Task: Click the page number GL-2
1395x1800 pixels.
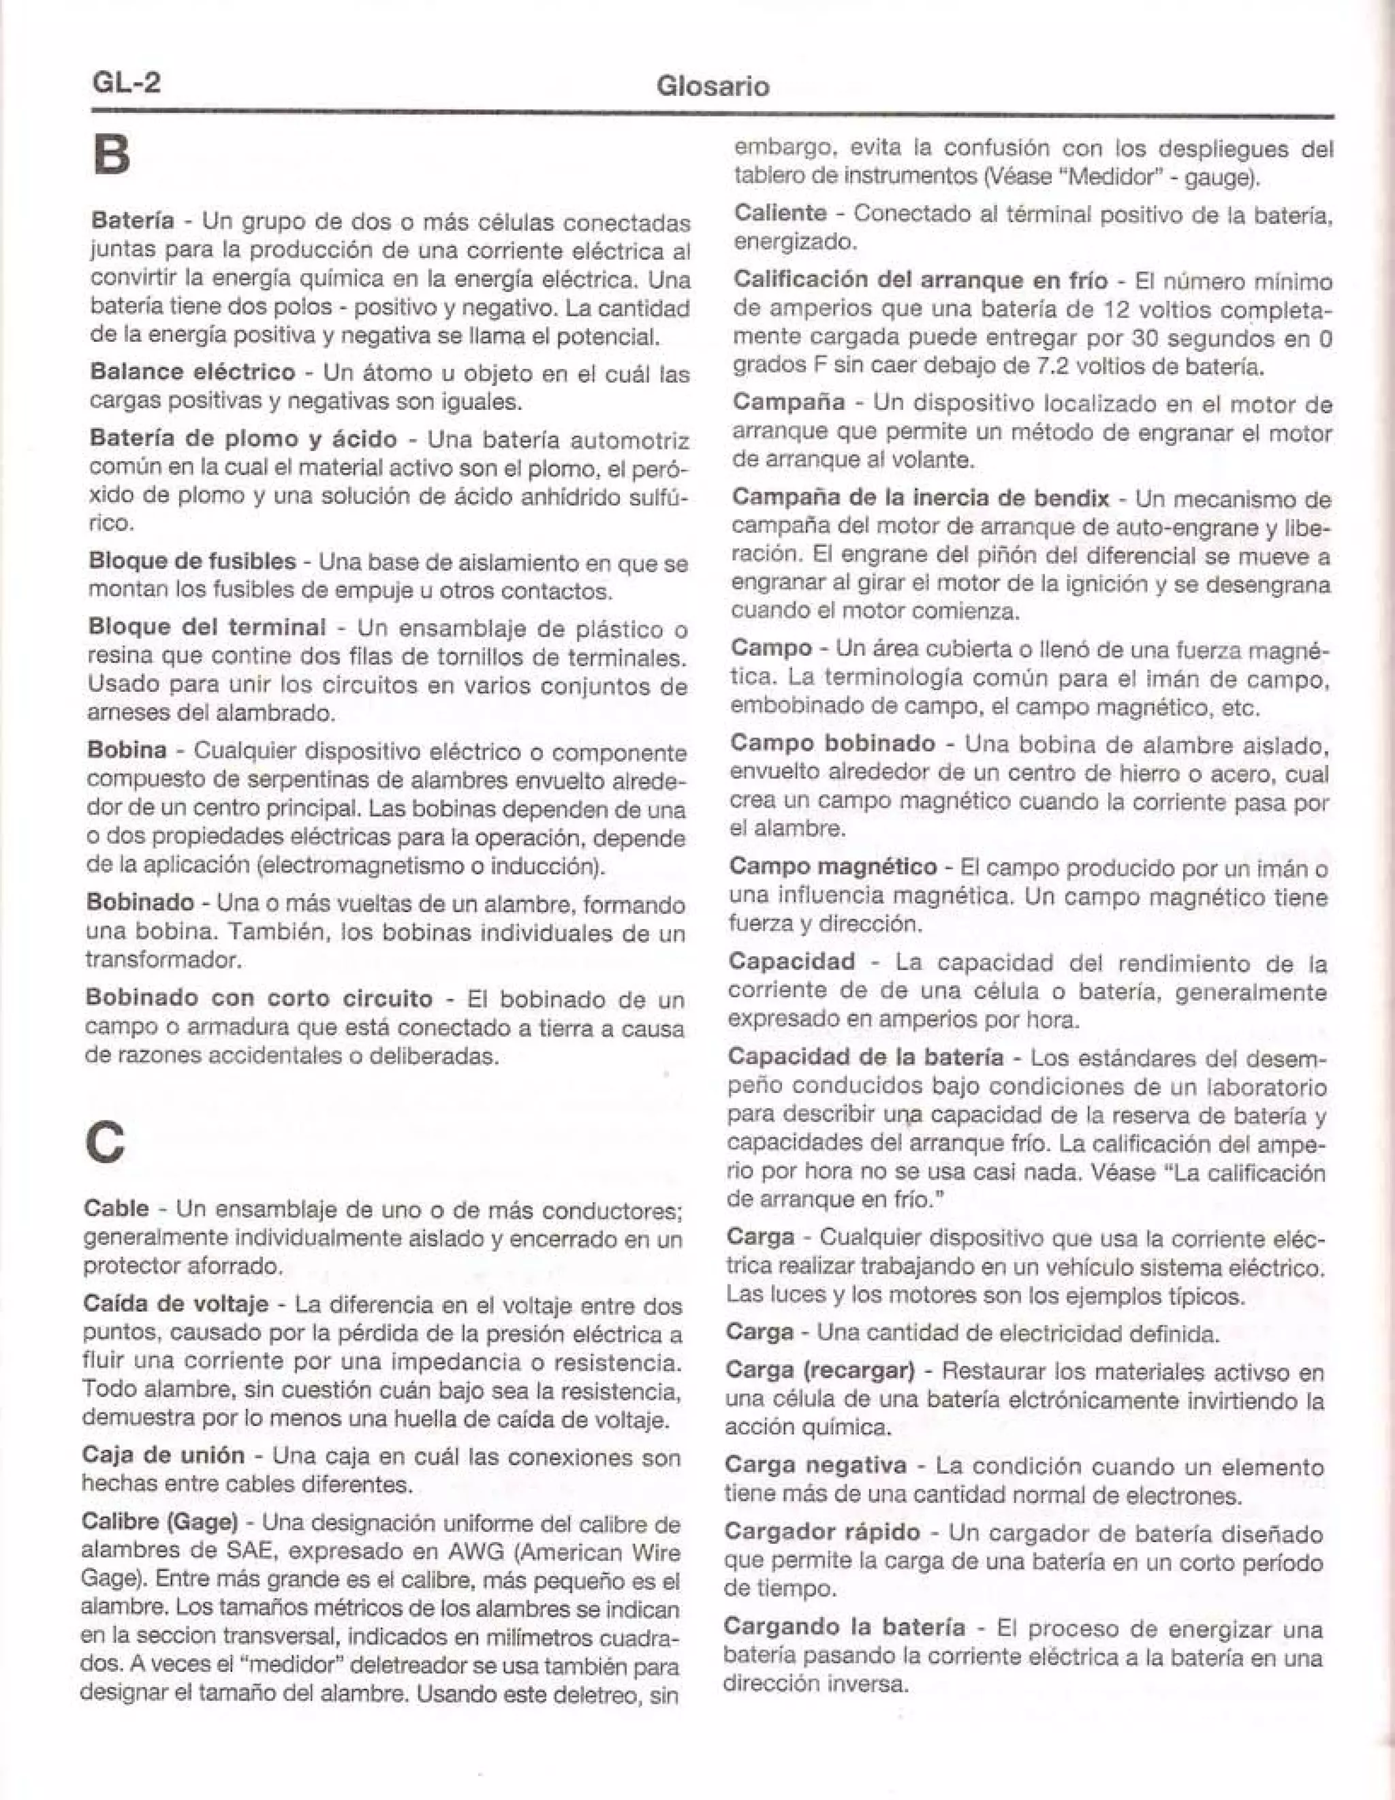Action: pyautogui.click(x=127, y=83)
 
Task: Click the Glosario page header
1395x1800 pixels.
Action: pyautogui.click(x=712, y=86)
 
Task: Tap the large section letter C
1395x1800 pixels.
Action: pyautogui.click(x=106, y=1143)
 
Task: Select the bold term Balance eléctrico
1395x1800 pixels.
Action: pyautogui.click(x=192, y=372)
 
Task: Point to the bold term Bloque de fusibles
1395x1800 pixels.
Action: pyautogui.click(x=191, y=562)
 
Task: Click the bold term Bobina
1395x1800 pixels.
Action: pyautogui.click(x=126, y=751)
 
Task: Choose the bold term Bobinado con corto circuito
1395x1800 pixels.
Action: pyautogui.click(x=259, y=998)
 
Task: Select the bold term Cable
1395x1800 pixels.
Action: pyautogui.click(x=116, y=1208)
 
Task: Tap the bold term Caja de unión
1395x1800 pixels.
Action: pyautogui.click(x=163, y=1455)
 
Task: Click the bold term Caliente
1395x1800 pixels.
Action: pyautogui.click(x=780, y=212)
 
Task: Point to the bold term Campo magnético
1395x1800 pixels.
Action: pyautogui.click(x=833, y=866)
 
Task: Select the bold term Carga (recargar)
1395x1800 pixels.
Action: pyautogui.click(x=820, y=1371)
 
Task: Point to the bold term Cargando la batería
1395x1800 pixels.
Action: pyautogui.click(x=843, y=1627)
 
